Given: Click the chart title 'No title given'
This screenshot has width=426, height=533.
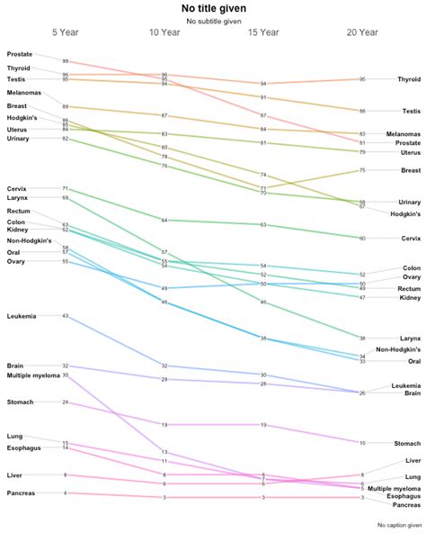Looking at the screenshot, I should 213,8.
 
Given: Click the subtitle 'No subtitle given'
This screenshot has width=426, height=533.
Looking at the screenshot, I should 213,21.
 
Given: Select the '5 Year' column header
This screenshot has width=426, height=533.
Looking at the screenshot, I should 66,32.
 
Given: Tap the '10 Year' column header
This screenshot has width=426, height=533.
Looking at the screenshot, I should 164,32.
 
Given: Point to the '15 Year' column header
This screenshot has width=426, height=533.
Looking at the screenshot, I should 263,32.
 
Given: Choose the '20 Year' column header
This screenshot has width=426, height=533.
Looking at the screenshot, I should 362,32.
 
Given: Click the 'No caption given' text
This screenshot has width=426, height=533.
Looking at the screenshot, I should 400,524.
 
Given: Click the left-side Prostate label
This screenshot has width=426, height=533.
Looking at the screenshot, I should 20,54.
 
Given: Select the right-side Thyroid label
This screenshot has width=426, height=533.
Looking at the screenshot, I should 409,79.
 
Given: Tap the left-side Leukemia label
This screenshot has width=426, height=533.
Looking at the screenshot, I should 22,316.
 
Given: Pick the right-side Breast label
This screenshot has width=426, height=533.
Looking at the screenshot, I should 411,169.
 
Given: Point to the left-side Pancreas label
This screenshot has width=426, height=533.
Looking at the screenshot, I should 21,492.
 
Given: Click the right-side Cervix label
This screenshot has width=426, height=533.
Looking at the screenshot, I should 411,239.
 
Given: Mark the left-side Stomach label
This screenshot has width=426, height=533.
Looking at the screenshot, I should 21,402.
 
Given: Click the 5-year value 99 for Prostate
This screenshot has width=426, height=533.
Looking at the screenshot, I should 66,62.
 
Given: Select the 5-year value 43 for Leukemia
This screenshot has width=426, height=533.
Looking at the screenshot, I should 66,316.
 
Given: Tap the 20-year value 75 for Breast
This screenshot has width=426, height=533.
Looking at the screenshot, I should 362,169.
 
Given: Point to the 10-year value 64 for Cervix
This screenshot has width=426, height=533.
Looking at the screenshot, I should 164,220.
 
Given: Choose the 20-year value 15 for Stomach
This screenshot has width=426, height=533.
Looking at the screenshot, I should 362,443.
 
